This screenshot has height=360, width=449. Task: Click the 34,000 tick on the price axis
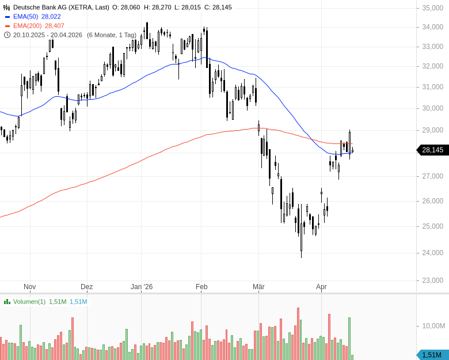[x=432, y=27]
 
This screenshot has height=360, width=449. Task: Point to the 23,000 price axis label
[x=432, y=281]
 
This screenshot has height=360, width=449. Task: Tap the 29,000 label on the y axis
[x=432, y=131]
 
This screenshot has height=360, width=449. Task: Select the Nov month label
[x=30, y=286]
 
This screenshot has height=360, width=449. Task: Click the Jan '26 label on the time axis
[x=142, y=286]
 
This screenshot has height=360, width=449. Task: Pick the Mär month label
[x=258, y=286]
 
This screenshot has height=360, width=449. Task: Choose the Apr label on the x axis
[x=321, y=286]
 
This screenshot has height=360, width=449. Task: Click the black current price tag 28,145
[x=432, y=150]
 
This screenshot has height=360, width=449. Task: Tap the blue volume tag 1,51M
[x=432, y=355]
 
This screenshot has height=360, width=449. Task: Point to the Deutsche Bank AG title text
[x=61, y=7]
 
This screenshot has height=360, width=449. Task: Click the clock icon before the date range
[x=7, y=35]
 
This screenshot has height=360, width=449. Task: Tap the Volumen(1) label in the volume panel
[x=29, y=302]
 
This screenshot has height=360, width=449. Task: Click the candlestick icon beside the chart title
[x=7, y=7]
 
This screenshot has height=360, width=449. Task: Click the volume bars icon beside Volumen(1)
[x=7, y=302]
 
